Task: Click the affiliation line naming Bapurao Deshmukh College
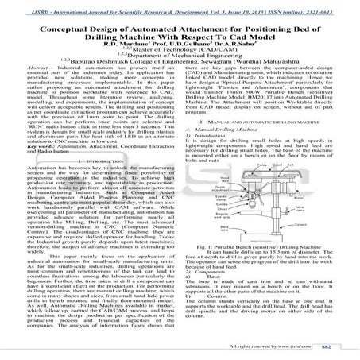[179, 65]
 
